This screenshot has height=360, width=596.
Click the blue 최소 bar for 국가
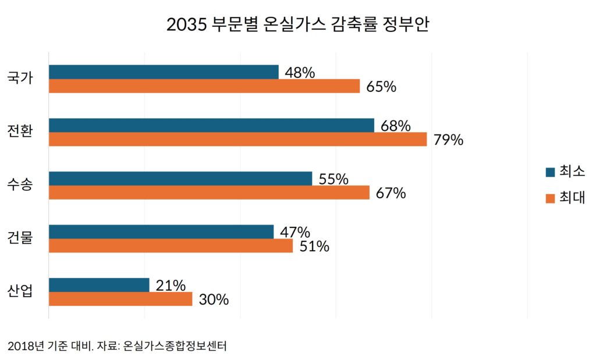click(x=164, y=72)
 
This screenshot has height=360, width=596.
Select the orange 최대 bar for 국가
click(x=204, y=86)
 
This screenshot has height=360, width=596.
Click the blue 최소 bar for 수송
click(x=180, y=179)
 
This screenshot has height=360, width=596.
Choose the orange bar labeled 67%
click(x=209, y=193)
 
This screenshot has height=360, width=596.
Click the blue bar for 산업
click(x=99, y=285)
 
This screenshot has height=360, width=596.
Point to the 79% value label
click(x=448, y=140)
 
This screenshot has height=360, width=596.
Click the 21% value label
click(x=171, y=286)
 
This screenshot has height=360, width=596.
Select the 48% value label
click(x=300, y=73)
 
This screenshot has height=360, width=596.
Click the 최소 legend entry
click(x=565, y=172)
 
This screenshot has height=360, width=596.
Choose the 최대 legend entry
click(x=565, y=198)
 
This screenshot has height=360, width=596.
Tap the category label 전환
click(x=20, y=131)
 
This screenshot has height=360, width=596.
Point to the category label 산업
click(x=20, y=291)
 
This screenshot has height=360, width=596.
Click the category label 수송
click(x=20, y=185)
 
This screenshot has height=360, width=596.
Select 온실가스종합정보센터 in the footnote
click(x=175, y=347)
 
